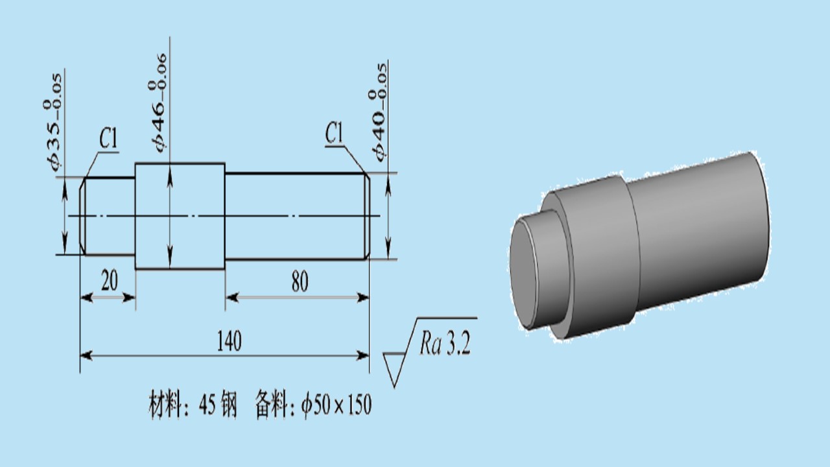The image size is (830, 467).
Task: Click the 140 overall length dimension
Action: (229, 341)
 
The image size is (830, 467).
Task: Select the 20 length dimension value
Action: (110, 281)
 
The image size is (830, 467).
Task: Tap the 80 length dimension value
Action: (300, 281)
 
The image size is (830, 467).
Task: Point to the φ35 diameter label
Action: (53, 122)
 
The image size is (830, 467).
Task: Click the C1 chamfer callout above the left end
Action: (108, 139)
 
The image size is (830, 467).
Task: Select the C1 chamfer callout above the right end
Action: (334, 133)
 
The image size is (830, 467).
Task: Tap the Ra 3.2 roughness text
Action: (445, 343)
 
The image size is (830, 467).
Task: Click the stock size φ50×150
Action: (336, 405)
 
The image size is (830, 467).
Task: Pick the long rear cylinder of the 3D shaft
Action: (696, 230)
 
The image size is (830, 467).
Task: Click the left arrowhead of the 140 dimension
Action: (86, 356)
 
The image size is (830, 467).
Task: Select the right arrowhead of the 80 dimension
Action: (363, 297)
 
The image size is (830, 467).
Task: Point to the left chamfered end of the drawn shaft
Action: (82, 216)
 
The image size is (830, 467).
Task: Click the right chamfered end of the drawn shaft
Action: (367, 216)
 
